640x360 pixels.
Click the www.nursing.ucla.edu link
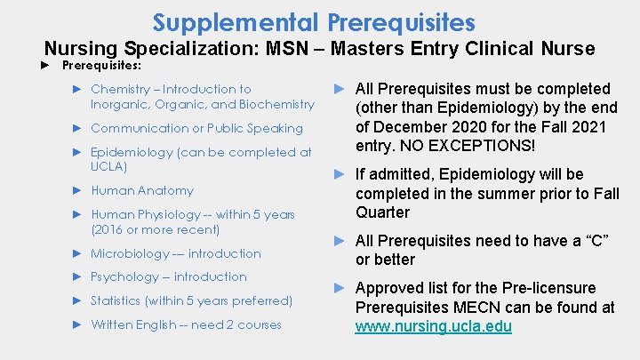[x=433, y=327]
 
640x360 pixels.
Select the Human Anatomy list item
[x=141, y=190]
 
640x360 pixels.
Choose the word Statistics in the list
[x=116, y=300]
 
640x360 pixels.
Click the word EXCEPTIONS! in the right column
[x=483, y=146]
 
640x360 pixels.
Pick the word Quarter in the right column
[x=382, y=212]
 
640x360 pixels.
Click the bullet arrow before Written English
[x=77, y=324]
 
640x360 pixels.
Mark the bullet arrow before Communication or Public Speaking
[x=77, y=128]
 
